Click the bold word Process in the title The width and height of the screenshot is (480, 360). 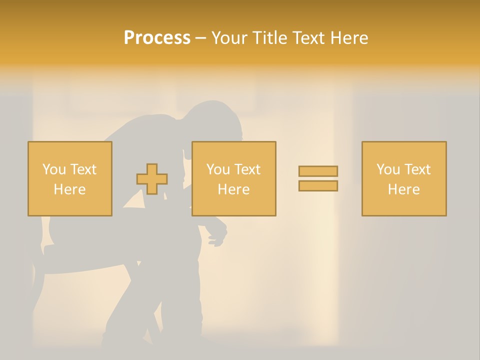(x=157, y=38)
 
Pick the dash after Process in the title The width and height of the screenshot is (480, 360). (x=200, y=38)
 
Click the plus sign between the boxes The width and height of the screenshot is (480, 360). (x=152, y=179)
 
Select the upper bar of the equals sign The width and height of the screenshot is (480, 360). (x=318, y=171)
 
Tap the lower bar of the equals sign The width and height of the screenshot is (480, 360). (x=318, y=186)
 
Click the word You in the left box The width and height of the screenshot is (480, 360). (x=53, y=169)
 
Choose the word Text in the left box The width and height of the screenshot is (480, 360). (x=82, y=169)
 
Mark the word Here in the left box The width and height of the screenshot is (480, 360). (x=69, y=189)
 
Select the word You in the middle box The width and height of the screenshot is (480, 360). (x=218, y=169)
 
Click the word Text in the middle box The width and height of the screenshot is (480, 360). (x=246, y=169)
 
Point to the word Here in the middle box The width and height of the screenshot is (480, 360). (x=233, y=189)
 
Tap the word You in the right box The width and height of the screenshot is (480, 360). (x=388, y=169)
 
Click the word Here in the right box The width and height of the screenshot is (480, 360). (x=403, y=189)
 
